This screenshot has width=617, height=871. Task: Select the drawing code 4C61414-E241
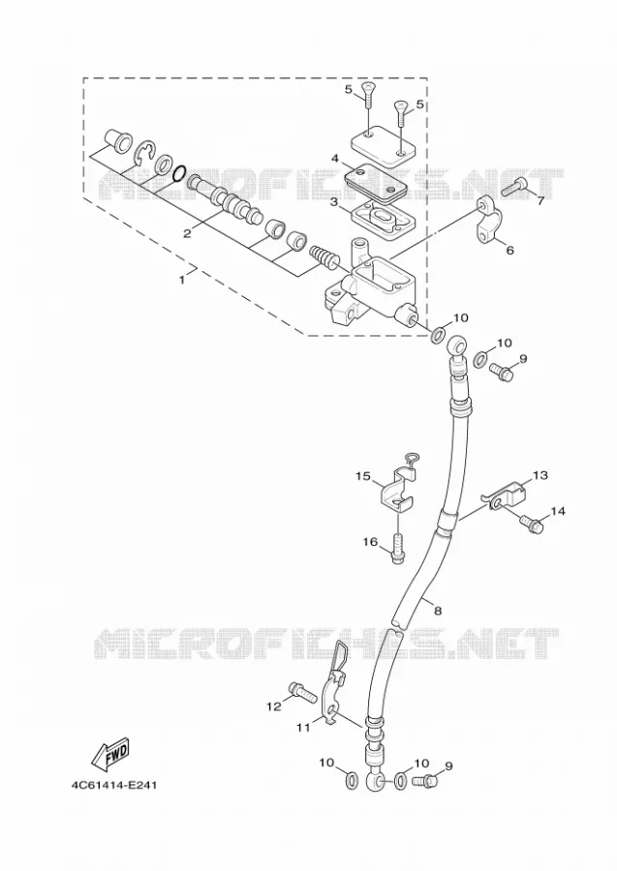114,786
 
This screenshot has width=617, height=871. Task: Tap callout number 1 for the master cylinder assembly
181,280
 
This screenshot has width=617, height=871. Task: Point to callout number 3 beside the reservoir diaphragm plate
334,203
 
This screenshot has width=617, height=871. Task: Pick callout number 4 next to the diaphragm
334,159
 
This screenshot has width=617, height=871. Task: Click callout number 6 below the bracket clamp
509,250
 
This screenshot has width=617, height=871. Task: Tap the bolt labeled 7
516,187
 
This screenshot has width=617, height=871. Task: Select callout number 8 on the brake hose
438,611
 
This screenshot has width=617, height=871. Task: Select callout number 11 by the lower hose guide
302,727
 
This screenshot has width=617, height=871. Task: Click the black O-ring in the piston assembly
179,174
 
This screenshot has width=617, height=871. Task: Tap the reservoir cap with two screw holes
384,144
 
